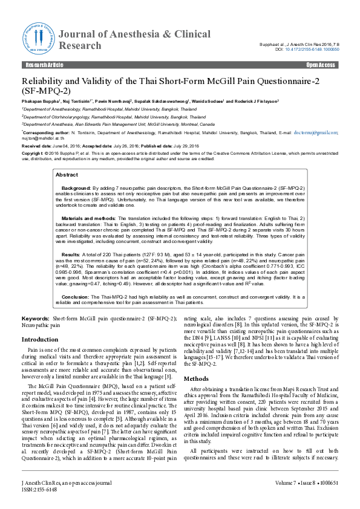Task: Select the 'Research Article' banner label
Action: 41,64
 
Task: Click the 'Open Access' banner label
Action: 321,64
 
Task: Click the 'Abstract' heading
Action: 67,174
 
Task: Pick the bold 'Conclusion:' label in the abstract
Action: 76,297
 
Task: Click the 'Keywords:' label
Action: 36,317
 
